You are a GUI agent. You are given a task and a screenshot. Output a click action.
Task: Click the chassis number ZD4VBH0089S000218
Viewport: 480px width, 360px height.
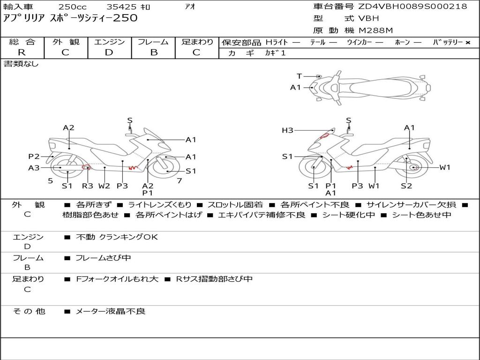[413, 6]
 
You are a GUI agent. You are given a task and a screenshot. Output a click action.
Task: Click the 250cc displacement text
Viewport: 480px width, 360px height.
[73, 7]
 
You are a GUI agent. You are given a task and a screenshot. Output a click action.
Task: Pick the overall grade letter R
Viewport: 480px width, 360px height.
[22, 52]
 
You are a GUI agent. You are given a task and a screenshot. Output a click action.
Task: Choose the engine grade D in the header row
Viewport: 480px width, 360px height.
[109, 52]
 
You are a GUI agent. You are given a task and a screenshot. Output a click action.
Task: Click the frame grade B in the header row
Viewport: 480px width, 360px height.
[154, 52]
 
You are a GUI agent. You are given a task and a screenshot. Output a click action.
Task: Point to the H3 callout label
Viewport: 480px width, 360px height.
[287, 130]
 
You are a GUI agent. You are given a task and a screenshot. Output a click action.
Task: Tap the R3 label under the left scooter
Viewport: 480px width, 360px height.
[87, 186]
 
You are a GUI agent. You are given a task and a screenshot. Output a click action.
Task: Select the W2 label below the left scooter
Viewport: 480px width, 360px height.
[104, 186]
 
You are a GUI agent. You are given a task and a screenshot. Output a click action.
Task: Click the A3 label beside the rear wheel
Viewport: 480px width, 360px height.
[34, 168]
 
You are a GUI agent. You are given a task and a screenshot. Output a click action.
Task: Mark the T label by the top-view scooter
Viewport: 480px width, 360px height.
[300, 76]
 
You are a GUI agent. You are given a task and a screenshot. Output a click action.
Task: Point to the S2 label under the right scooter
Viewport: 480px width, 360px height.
[406, 186]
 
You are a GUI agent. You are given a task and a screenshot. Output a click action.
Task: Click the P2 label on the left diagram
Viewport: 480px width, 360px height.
[34, 157]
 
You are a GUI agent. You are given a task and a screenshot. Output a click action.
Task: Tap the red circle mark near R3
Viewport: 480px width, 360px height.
[86, 167]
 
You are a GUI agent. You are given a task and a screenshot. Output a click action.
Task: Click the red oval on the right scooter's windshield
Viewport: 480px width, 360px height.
[324, 135]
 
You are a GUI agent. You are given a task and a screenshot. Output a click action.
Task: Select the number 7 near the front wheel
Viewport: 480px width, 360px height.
[180, 181]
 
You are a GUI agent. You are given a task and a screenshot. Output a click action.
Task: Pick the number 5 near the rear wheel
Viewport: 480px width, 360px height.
[51, 181]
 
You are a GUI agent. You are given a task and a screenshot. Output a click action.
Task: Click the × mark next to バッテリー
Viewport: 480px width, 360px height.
[468, 43]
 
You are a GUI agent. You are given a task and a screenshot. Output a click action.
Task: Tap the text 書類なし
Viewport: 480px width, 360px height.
[21, 64]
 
